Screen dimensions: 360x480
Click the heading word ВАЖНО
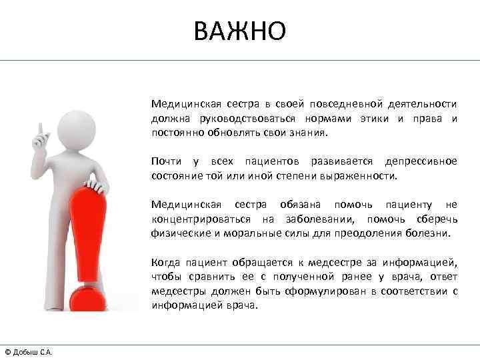pos(240,31)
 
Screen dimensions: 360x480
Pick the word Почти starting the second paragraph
pos(165,162)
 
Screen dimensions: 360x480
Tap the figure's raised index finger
pos(41,127)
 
